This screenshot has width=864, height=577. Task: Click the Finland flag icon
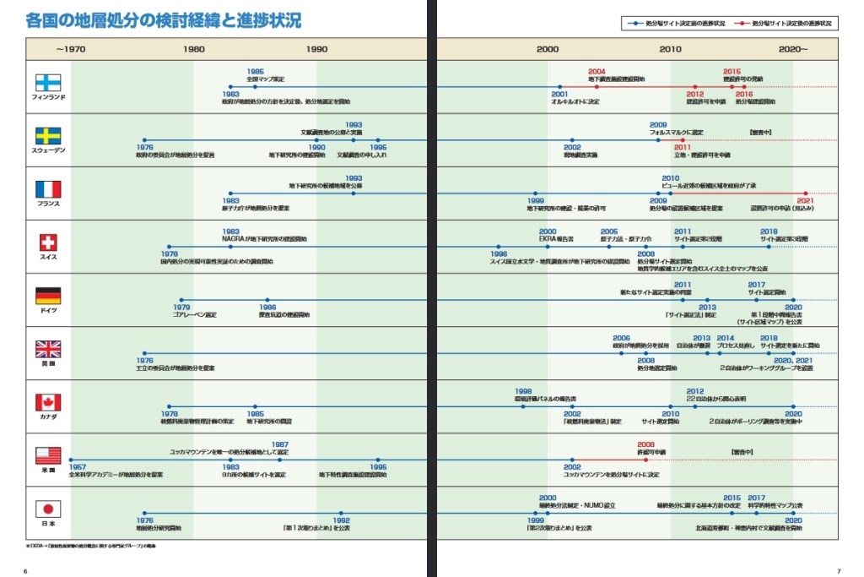click(47, 83)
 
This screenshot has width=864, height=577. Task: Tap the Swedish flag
click(47, 136)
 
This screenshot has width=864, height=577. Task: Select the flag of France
click(47, 189)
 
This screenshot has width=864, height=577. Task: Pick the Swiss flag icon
click(47, 242)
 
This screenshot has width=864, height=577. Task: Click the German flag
click(47, 296)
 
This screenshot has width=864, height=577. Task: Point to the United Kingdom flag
click(47, 349)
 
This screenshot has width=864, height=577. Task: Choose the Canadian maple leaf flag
click(47, 402)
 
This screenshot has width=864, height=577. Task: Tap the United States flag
click(47, 455)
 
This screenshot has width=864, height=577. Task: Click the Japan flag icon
click(47, 509)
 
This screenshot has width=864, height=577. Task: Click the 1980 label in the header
click(194, 49)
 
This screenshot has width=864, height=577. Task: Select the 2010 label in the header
click(671, 49)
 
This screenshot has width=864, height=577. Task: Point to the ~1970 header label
click(71, 49)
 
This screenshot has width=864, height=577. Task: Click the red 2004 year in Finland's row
click(597, 72)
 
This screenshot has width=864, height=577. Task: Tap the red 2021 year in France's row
click(805, 201)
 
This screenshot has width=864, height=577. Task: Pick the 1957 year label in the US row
click(78, 467)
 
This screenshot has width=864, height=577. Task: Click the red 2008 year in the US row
click(645, 444)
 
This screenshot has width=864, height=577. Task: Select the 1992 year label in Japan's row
click(341, 520)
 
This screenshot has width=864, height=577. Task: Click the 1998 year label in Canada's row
click(523, 391)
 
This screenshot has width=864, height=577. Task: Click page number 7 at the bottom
click(838, 570)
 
